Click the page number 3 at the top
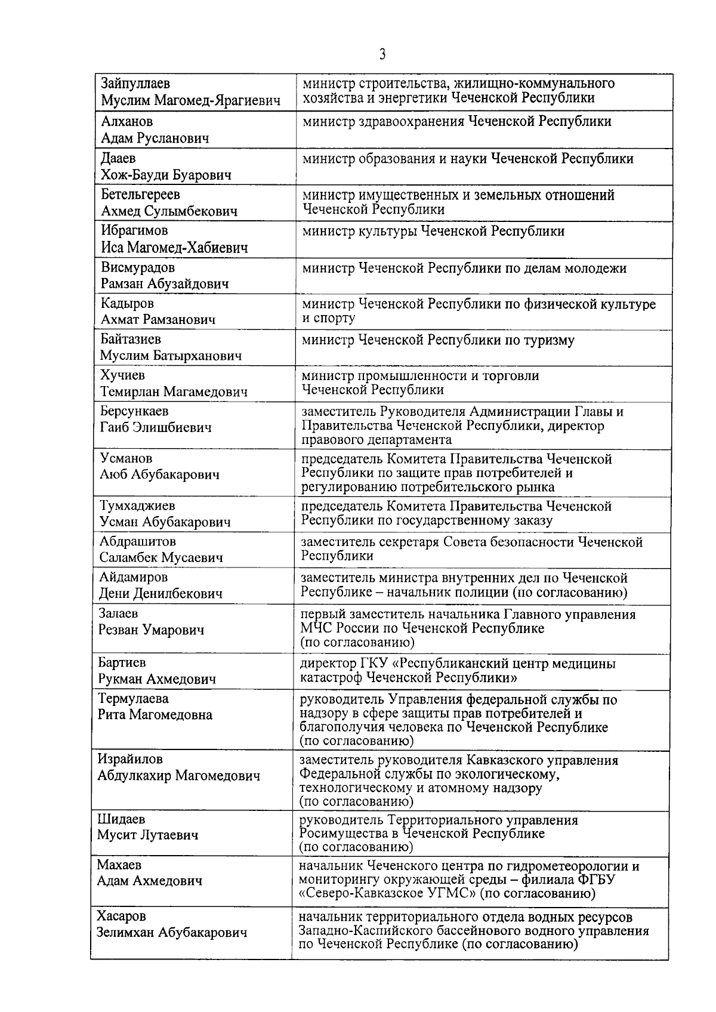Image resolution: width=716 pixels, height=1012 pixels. coord(382,55)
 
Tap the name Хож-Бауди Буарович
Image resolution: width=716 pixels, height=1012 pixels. coord(166,175)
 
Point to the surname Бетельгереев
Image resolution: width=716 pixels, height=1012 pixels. coord(141,195)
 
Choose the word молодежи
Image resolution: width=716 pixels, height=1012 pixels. coord(597,269)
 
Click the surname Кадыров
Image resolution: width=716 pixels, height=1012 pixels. coord(127,304)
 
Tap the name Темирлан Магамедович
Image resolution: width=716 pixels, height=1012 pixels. coord(174,392)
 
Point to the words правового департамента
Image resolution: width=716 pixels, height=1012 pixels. coord(376,440)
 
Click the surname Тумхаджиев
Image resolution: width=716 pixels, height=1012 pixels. coord(137,506)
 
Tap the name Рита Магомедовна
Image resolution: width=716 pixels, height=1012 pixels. coord(155,715)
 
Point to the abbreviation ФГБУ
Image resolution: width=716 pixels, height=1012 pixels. coord(597,880)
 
